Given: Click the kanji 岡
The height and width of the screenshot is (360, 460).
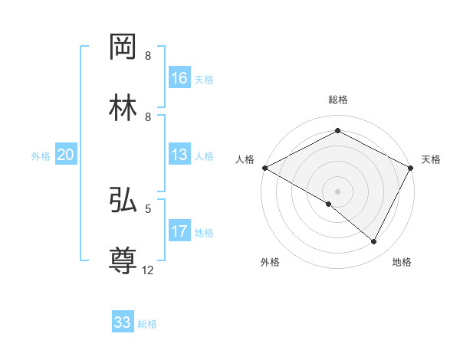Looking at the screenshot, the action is pos(123,47).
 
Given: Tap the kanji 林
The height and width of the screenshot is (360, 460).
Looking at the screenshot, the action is pos(123,108).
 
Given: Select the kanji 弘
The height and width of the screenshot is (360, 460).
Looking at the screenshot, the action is pos(123,200).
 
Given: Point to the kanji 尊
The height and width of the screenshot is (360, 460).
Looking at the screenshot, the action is pos(123,261).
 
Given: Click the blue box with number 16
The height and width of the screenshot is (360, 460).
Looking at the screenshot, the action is pos(179,78).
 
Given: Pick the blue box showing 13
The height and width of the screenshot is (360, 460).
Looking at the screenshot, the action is pos(179,155).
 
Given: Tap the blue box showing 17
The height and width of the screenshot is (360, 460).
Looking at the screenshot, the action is pos(179,231).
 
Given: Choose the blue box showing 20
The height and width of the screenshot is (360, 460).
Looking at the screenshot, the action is pos(66,155).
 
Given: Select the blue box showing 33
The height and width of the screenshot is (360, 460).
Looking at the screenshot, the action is pos(123,322).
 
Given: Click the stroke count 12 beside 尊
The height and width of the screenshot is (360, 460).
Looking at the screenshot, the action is pos(149,270).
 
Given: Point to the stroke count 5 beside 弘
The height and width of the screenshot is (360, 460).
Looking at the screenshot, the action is pos(148,208).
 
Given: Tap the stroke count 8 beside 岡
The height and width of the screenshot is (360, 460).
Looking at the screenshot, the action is pos(148,56).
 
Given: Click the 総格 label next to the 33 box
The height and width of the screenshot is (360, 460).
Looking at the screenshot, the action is pos(147,324).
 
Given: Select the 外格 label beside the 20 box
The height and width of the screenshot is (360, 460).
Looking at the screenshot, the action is pos(41,156).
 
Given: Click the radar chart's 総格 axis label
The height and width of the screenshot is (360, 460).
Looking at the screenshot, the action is pos(337,100).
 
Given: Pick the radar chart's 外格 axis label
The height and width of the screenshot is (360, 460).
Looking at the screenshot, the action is pos(270,262).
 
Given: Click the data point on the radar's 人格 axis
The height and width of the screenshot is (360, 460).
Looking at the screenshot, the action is pos(264,168).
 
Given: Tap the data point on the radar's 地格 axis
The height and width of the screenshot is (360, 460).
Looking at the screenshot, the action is pos(374,241).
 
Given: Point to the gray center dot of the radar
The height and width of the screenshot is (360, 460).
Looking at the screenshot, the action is pos(337,191).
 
